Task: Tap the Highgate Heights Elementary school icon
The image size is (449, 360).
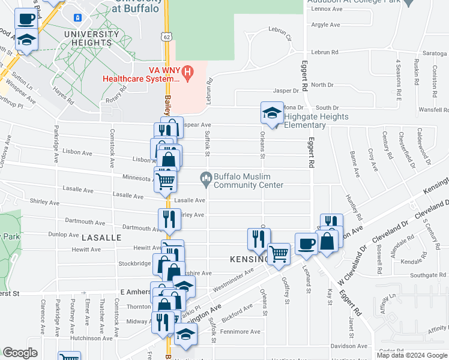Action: [x=271, y=113]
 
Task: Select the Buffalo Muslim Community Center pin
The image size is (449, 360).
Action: [x=206, y=177]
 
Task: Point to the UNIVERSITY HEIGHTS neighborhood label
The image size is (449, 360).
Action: [x=91, y=38]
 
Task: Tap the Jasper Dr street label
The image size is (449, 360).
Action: [x=286, y=91]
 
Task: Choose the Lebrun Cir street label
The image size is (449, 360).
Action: [x=280, y=34]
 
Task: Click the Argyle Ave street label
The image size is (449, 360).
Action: [x=326, y=25]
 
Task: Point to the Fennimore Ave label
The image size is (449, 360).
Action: [x=240, y=331]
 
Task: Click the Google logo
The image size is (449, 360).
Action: [x=20, y=353]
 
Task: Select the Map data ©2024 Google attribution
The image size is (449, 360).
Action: [x=412, y=355]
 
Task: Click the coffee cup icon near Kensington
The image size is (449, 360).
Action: [x=306, y=244]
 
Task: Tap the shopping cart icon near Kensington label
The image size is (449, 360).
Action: [x=279, y=254]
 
